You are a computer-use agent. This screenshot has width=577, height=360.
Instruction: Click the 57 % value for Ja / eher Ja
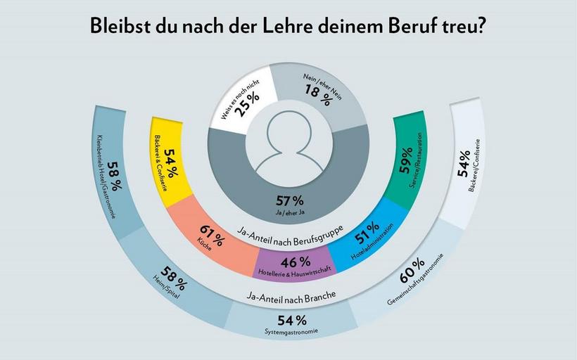tap(289, 201)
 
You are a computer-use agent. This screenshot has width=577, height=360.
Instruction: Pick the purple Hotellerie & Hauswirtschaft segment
tap(290, 264)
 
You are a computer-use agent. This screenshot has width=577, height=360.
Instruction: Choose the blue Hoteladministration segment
tap(366, 238)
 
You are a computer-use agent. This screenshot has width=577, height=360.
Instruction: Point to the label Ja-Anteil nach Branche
tap(289, 295)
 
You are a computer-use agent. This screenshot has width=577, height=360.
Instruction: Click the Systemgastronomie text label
tap(289, 331)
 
